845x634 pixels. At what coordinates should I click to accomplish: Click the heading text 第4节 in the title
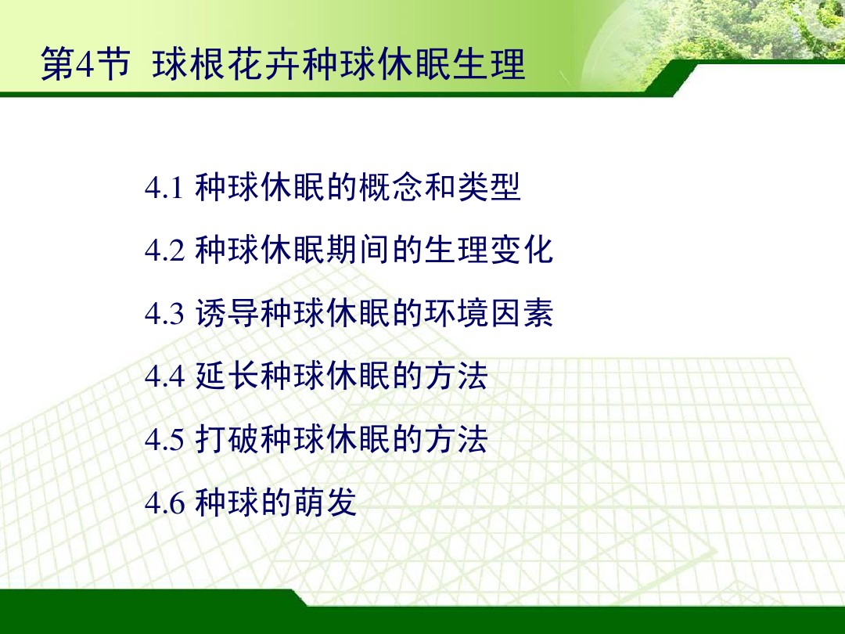pyautogui.click(x=84, y=67)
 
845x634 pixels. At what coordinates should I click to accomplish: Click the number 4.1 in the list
pyautogui.click(x=164, y=189)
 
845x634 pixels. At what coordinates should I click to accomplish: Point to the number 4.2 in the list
pyautogui.click(x=164, y=252)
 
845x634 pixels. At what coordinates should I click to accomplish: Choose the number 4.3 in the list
pyautogui.click(x=164, y=315)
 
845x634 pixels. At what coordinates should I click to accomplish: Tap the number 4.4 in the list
pyautogui.click(x=164, y=377)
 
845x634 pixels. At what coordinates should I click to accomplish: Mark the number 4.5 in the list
pyautogui.click(x=164, y=440)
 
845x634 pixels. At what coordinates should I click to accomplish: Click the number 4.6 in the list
pyautogui.click(x=164, y=503)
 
